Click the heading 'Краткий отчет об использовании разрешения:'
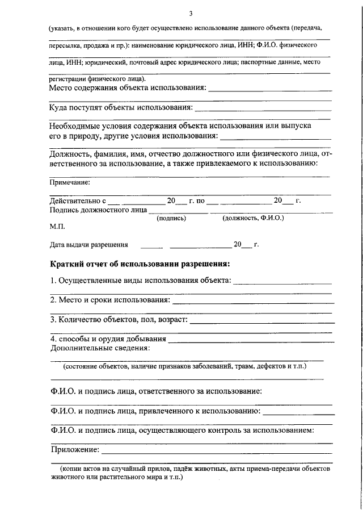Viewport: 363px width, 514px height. point(140,264)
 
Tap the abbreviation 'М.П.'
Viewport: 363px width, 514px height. point(57,227)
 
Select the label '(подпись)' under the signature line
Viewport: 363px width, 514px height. point(171,218)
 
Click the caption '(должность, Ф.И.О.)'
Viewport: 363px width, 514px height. point(253,218)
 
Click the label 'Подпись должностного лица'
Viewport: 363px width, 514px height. point(98,210)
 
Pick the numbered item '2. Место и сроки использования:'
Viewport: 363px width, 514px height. point(110,299)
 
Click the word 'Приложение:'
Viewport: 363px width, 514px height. point(74,450)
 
